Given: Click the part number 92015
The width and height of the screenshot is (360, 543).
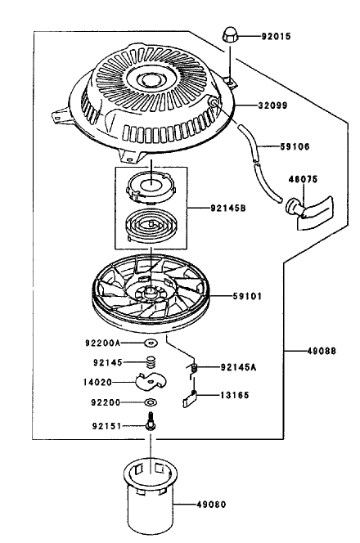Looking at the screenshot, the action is (277, 36).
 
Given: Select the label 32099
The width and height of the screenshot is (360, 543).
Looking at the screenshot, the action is (272, 105).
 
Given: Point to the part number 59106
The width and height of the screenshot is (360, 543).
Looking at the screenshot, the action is (295, 146).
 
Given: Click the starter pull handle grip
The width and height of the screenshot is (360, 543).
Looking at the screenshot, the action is (309, 211).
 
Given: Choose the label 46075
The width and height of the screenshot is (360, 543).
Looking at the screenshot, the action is (303, 179).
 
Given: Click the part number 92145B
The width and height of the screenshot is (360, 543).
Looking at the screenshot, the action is (228, 209).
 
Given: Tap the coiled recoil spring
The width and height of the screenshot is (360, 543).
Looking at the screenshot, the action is (151, 225).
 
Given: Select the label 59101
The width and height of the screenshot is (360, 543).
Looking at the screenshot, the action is (247, 296).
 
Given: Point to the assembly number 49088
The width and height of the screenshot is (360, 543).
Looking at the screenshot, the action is (322, 351).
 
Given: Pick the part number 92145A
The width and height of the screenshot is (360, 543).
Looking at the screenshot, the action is (238, 367).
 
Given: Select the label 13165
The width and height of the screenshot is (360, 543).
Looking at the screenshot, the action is (235, 395).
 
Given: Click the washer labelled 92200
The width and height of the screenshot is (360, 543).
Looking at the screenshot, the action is (151, 402).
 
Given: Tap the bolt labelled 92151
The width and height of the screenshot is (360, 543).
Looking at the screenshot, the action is (151, 421).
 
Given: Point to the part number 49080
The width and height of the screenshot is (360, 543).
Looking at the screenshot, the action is (211, 505).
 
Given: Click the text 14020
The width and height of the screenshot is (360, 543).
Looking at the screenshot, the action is (97, 383).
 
